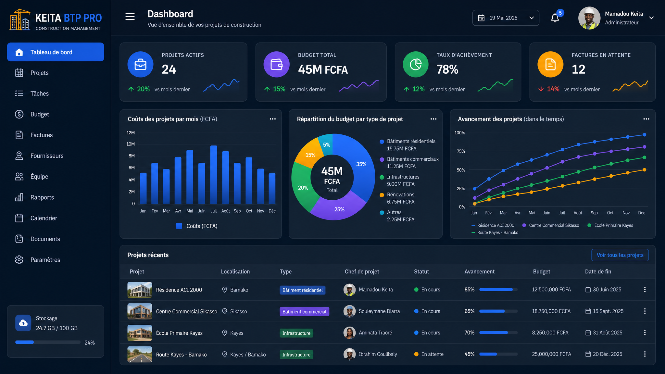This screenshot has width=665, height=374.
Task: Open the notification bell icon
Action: coord(555,18)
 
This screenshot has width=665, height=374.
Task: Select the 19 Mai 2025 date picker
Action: coord(506,18)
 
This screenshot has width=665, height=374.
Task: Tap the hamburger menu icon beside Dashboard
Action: coord(130,17)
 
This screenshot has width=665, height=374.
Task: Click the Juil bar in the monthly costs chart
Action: coord(214,175)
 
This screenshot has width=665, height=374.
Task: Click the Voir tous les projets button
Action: coord(620,255)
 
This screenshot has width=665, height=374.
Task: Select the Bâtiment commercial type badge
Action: coord(304,312)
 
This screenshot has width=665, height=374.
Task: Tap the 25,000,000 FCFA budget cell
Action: coord(551,354)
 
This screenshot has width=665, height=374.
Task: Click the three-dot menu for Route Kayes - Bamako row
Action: coord(645,354)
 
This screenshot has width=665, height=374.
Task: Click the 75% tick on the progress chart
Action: coord(461,151)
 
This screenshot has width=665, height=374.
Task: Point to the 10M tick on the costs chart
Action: coord(131,144)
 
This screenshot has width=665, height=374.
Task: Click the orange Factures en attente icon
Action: coord(550,64)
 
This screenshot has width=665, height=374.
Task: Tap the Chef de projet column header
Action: coord(362,272)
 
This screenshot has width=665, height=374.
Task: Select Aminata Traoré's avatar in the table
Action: coord(349,333)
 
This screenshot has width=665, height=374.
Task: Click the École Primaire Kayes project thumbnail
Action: coord(140,333)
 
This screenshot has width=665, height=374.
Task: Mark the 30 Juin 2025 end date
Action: coord(603,290)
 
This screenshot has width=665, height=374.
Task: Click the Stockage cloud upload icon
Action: coord(23,323)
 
